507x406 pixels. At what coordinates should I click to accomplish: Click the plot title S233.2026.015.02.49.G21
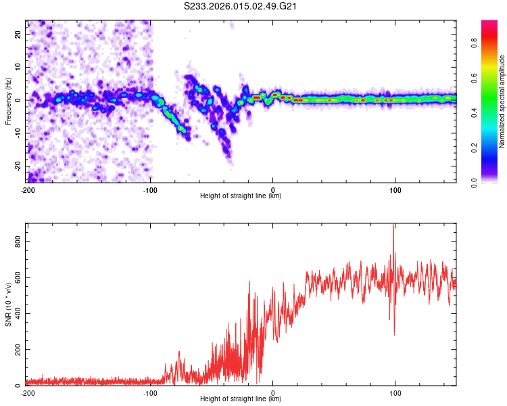(241, 7)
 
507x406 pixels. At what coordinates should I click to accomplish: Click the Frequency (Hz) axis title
(8, 101)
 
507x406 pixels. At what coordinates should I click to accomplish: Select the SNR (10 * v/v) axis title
(8, 304)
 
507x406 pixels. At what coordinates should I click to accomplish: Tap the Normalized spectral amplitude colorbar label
(502, 101)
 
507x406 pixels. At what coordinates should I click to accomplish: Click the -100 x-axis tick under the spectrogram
(150, 189)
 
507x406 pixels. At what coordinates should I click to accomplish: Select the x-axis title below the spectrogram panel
(241, 196)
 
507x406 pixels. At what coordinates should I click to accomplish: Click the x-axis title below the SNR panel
(241, 399)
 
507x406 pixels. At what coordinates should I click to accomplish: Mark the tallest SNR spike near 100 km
(393, 227)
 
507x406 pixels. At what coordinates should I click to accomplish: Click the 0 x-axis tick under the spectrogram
(272, 189)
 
